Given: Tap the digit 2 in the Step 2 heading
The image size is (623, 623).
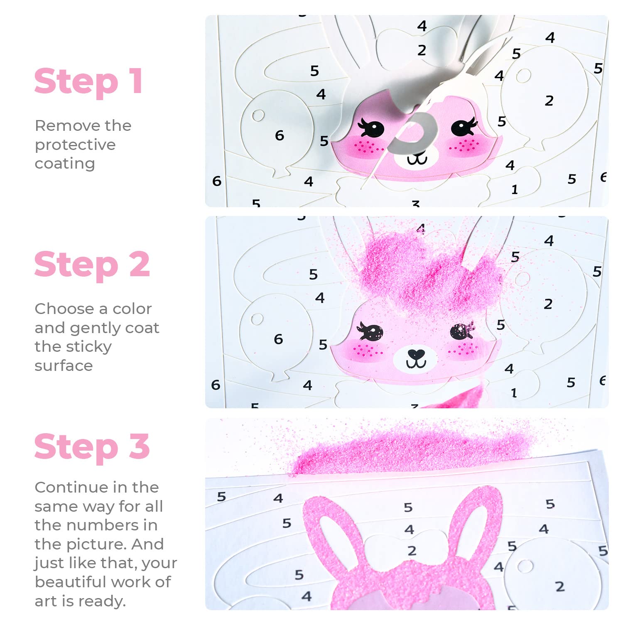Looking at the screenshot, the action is coord(139,264).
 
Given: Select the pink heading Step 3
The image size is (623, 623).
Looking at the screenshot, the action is coord(92,447).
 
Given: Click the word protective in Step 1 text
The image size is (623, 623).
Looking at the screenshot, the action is coord(75,145).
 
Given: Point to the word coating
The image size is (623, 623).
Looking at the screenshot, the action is coord(65,164).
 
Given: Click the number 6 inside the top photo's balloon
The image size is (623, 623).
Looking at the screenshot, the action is coord(280,135).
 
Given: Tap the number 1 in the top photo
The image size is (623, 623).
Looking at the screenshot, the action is coord(515,189).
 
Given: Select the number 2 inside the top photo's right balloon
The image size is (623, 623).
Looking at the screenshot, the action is coord(549,101).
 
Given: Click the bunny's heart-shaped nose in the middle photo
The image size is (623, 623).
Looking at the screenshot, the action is coord(416,354).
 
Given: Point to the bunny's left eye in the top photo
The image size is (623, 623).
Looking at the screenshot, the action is coord(371,128).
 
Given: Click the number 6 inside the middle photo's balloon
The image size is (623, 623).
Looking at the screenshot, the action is coord(278,339).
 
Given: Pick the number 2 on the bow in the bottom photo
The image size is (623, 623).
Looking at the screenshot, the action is coord(412,551).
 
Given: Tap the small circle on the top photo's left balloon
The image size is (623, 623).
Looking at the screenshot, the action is coord(258,115).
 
